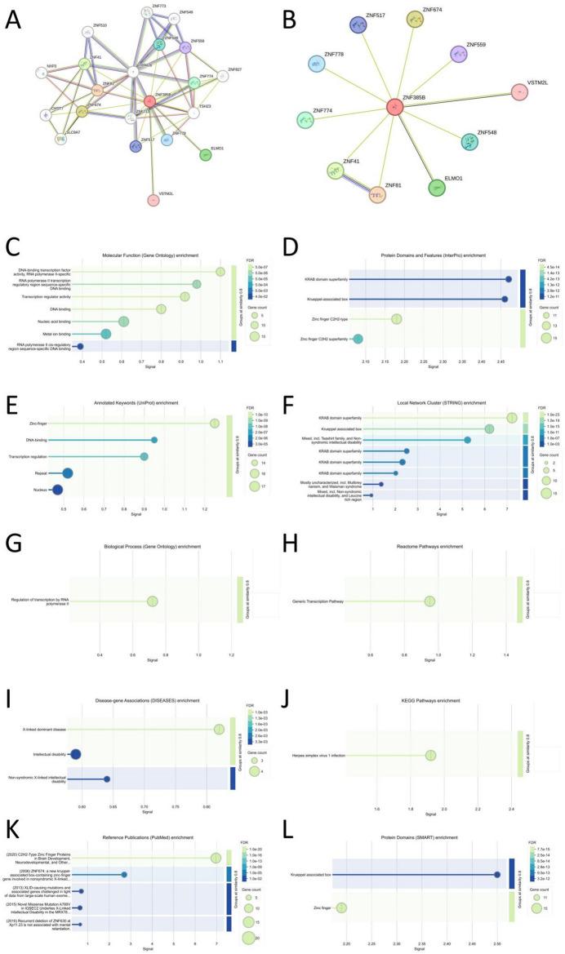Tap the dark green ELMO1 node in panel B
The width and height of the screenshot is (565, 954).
pos(443,187)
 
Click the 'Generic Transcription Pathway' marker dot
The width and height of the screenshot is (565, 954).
pos(429,601)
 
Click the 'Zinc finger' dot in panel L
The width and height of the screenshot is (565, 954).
pos(341,907)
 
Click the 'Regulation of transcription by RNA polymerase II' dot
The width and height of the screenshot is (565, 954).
pos(152,601)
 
